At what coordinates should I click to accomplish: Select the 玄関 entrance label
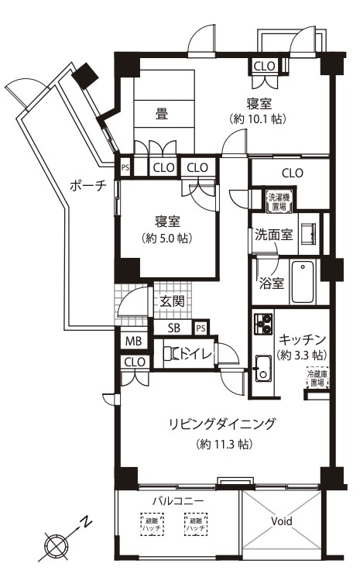(x=173, y=301)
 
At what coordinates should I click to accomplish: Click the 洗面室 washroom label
(x=274, y=235)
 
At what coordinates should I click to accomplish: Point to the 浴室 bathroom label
(x=272, y=283)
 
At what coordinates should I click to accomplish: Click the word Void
(x=282, y=521)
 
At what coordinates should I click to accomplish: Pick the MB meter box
(x=132, y=341)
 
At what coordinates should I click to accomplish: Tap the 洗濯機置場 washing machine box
(x=278, y=202)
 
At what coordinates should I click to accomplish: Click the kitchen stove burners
(x=261, y=323)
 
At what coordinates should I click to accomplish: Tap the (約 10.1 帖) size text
(x=256, y=120)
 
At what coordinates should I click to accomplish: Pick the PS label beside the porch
(x=125, y=167)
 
